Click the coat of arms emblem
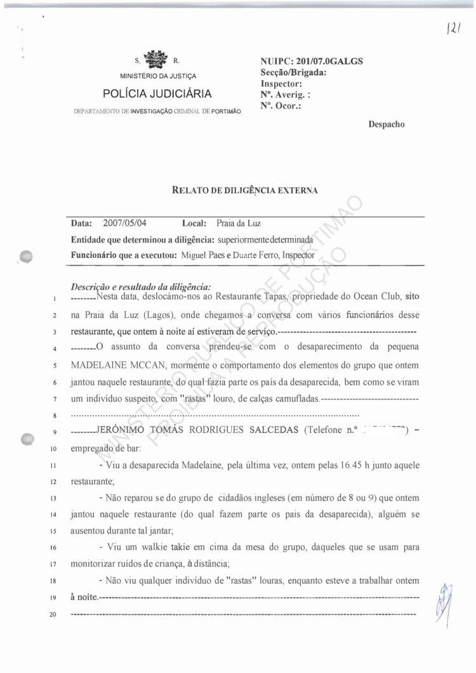(156, 61)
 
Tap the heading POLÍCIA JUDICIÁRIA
(157, 95)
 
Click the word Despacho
(386, 124)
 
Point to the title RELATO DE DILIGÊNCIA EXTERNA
(244, 190)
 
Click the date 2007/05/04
(124, 224)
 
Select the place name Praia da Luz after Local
(238, 224)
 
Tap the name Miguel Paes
(201, 255)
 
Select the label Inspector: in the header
(281, 83)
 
